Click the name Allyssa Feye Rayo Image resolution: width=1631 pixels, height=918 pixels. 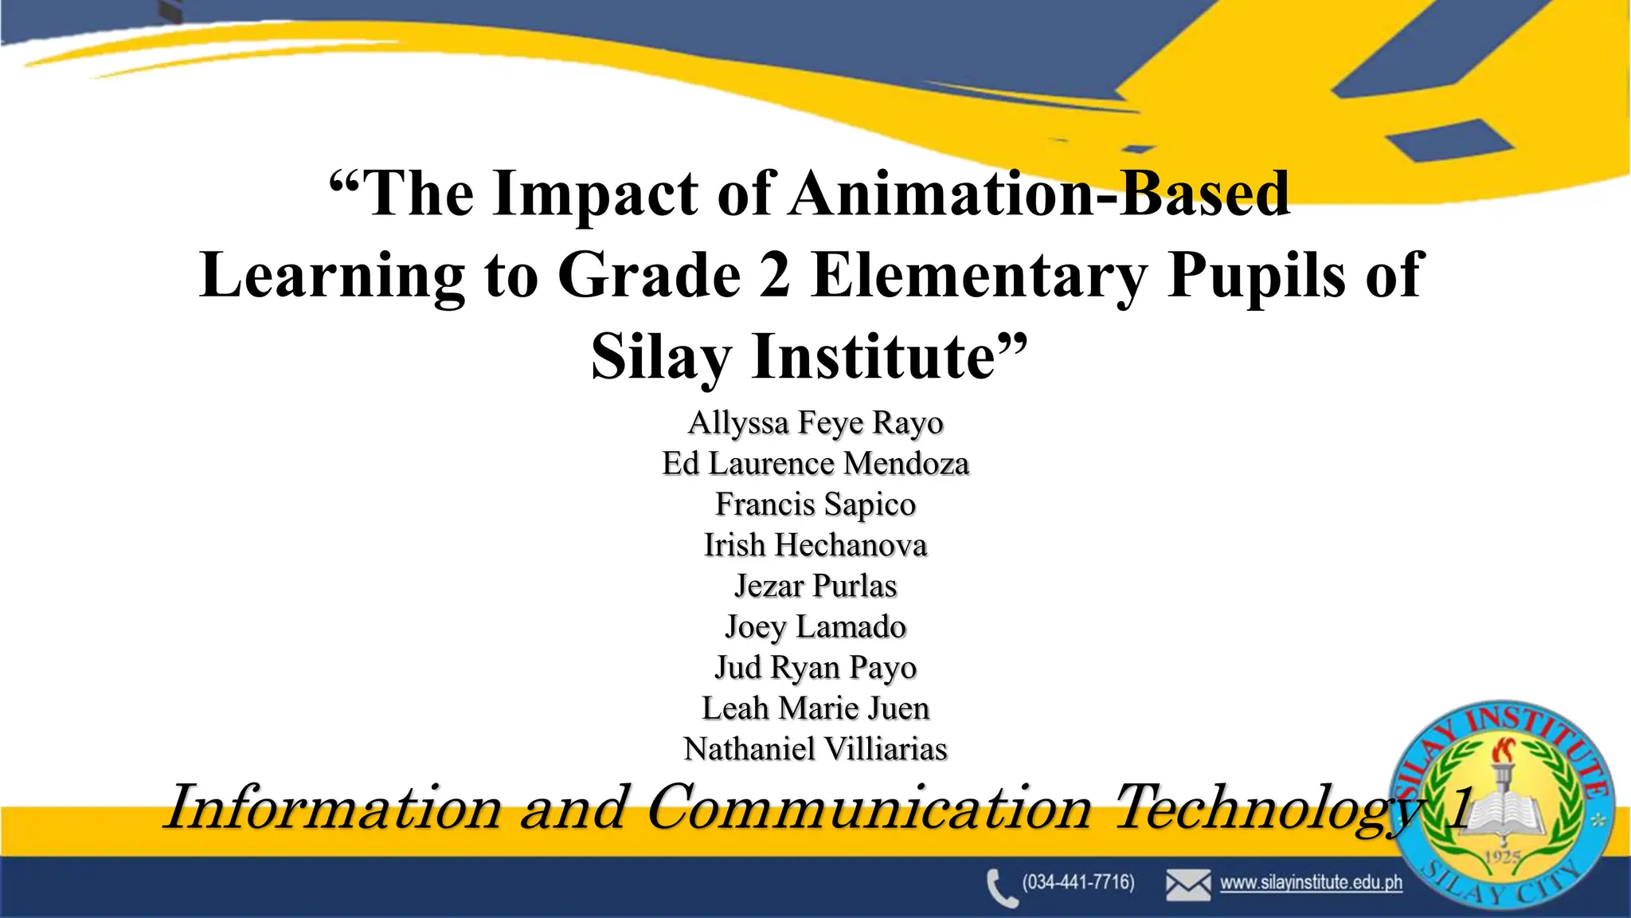tap(815, 423)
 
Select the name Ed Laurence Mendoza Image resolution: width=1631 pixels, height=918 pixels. tap(815, 464)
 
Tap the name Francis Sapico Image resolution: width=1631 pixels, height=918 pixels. tap(815, 504)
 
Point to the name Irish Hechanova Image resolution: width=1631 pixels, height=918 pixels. tap(815, 545)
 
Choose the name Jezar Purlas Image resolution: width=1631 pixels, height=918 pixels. tap(815, 586)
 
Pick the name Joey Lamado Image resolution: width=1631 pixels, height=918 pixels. tap(815, 627)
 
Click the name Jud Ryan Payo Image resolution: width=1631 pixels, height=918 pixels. tap(815, 668)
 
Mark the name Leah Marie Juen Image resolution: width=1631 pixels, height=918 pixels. tap(815, 708)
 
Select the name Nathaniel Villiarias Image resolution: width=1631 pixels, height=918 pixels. tap(815, 749)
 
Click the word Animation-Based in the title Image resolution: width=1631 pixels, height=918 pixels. tap(1039, 194)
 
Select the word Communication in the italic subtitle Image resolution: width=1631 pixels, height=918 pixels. tap(869, 808)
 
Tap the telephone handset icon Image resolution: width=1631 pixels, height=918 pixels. tap(1001, 888)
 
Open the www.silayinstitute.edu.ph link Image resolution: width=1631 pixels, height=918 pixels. tap(1311, 883)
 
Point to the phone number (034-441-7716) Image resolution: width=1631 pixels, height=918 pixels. tap(1078, 882)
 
